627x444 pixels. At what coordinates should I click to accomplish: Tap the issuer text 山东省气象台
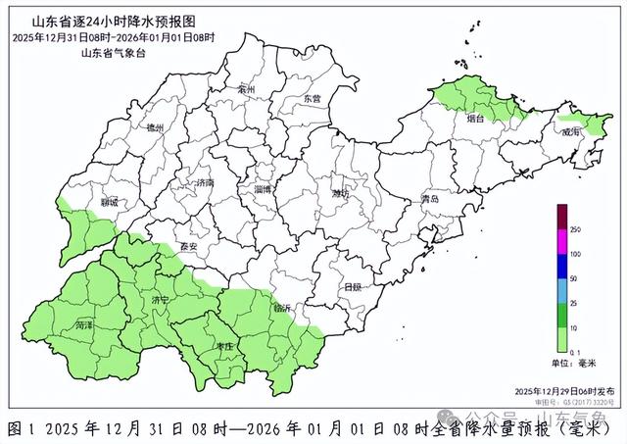pos(107,52)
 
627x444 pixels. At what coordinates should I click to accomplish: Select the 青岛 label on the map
pos(429,199)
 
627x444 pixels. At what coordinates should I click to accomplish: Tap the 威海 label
pos(570,130)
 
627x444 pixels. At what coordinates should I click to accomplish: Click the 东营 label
pos(312,99)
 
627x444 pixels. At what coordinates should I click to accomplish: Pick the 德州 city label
pos(154,127)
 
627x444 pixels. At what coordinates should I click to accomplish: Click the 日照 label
pos(352,287)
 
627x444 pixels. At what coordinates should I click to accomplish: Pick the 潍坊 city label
pos(339,193)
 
